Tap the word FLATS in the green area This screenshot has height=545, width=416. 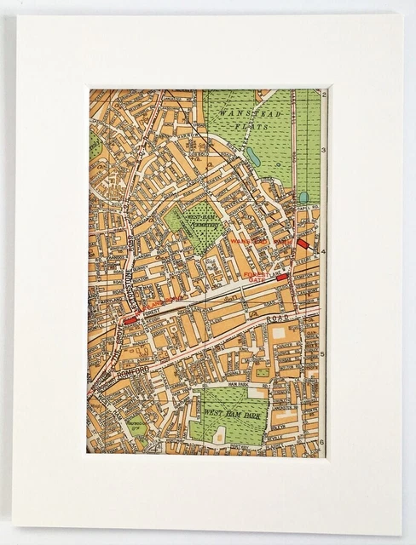point(255,126)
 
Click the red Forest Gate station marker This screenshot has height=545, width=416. point(282,278)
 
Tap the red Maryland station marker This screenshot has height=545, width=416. point(130,320)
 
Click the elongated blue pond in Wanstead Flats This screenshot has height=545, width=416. point(253,157)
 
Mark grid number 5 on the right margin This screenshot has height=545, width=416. point(323,354)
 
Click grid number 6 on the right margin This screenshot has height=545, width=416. point(323,443)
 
